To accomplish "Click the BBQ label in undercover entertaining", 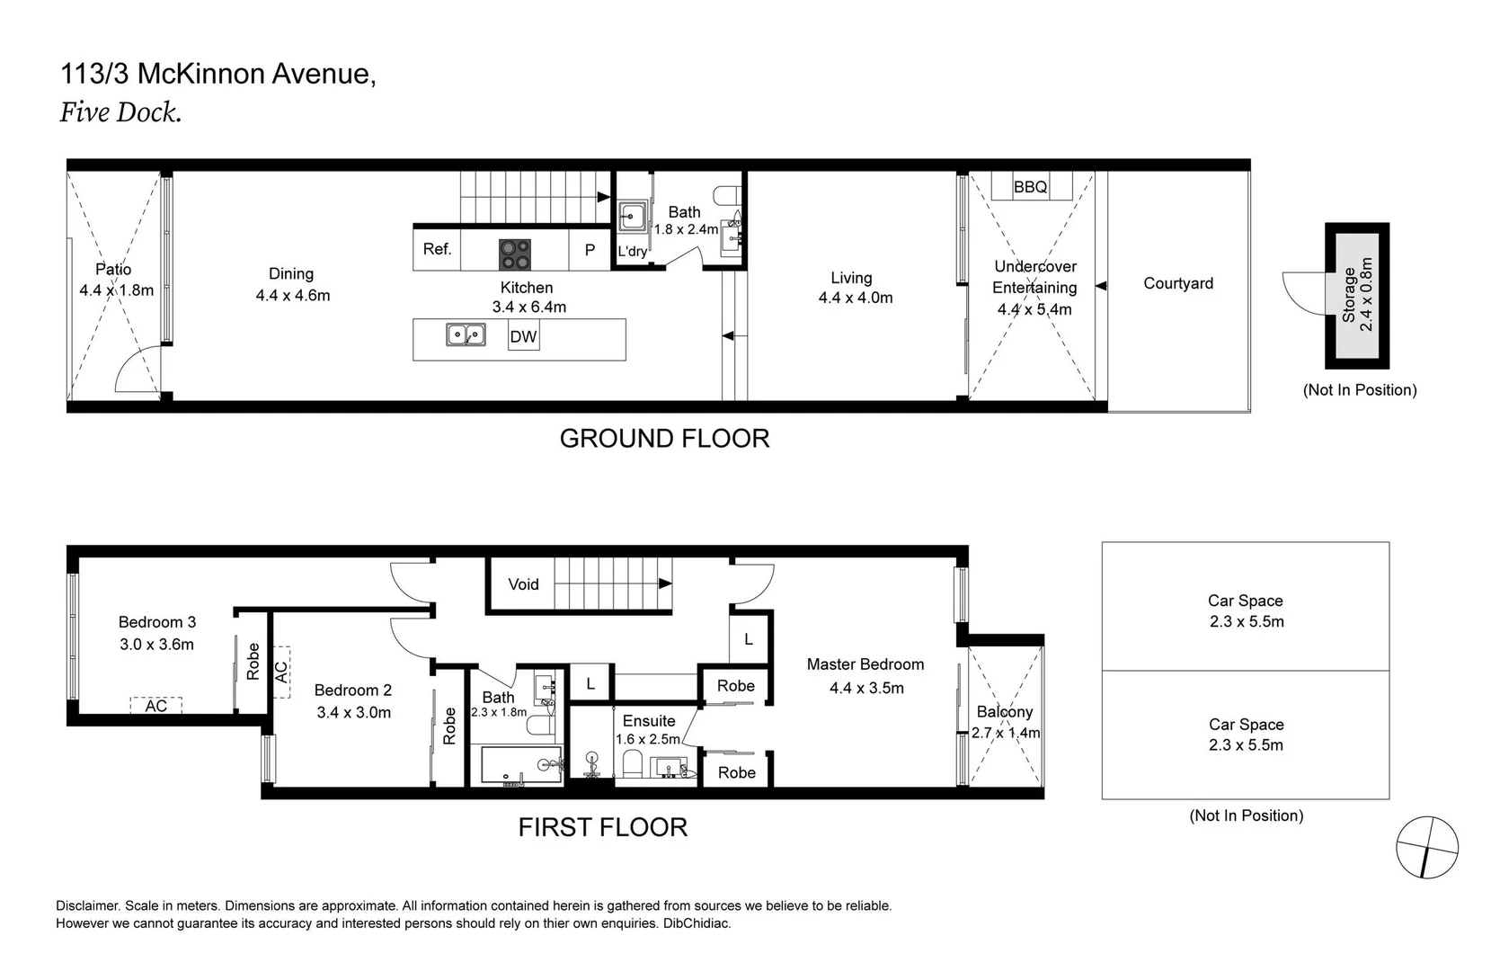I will click(1030, 187).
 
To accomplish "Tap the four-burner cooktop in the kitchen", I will click(515, 254).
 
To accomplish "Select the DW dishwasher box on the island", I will click(523, 337).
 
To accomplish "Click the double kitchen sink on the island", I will click(466, 335).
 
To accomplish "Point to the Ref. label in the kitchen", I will click(437, 249).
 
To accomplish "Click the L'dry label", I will click(632, 252).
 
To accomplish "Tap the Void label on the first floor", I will click(523, 584).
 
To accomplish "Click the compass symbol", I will click(1426, 847).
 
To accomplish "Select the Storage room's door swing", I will click(1304, 292).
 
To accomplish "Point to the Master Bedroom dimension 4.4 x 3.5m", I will click(866, 688).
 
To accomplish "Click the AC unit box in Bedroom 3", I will click(155, 706).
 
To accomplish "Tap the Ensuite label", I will click(648, 721).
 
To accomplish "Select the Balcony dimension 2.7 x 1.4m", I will click(1006, 733).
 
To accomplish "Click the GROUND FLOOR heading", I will click(664, 439).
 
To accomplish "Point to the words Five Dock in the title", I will click(120, 112).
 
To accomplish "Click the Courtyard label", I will click(1177, 283).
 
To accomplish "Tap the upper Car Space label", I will click(1245, 601).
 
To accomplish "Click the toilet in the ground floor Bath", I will click(726, 194).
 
